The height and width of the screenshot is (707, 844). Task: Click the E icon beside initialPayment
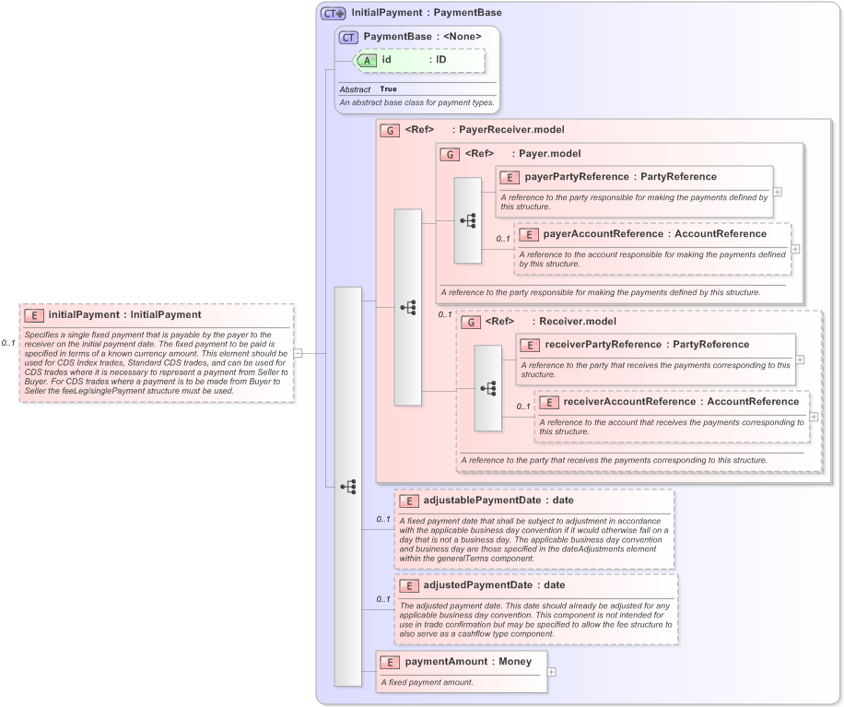(34, 315)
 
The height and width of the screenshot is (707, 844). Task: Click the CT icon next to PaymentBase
(348, 37)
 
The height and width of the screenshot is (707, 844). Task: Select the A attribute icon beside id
(366, 60)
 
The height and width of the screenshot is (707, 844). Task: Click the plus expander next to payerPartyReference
(778, 192)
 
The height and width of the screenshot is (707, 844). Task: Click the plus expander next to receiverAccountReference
(815, 416)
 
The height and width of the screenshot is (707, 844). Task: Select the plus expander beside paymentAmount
(551, 671)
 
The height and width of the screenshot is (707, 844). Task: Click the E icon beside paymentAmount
(391, 663)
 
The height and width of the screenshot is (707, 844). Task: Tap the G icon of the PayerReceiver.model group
(391, 131)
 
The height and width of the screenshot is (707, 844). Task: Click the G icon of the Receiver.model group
(471, 323)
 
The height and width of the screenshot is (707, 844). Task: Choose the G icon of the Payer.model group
(451, 154)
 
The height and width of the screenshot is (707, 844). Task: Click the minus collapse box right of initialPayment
(299, 352)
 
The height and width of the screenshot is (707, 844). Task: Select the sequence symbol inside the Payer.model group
(468, 221)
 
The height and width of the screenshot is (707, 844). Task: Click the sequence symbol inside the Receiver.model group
(488, 389)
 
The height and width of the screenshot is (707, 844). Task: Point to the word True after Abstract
(389, 89)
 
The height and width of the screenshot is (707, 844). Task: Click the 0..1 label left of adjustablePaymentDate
(382, 520)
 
